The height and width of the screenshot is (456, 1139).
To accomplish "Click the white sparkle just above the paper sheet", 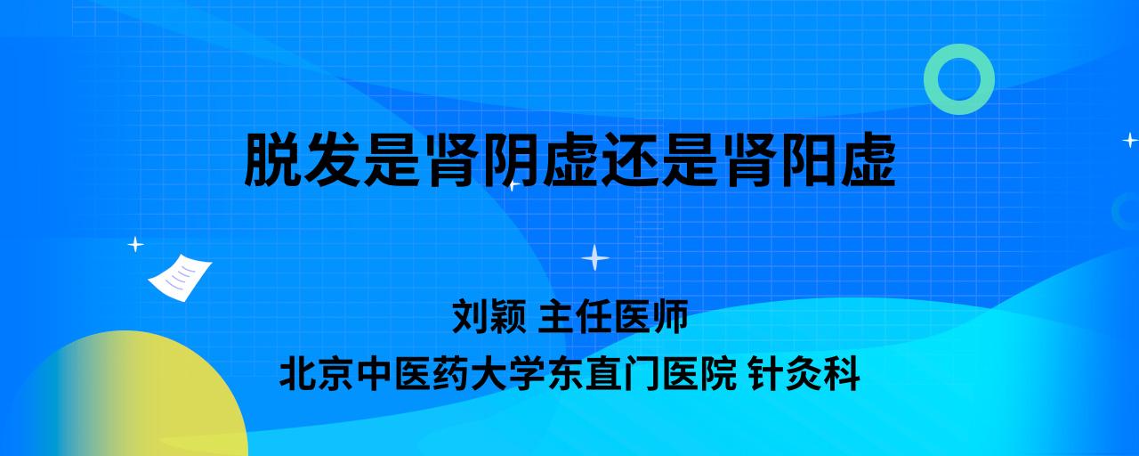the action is (x=135, y=245).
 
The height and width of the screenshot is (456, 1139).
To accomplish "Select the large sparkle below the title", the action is (x=595, y=258).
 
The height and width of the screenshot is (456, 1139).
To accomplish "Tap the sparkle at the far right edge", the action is (x=1130, y=140).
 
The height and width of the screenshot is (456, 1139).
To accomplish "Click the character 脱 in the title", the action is (x=272, y=159).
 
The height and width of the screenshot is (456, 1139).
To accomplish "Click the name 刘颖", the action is (x=489, y=316).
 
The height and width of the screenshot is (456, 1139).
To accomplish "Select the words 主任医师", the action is (x=613, y=316).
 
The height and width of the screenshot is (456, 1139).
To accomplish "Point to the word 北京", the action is (x=316, y=374).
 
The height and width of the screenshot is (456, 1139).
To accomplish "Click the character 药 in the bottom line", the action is (x=451, y=374).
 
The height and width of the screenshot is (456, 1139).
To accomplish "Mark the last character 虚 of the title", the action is (x=868, y=159).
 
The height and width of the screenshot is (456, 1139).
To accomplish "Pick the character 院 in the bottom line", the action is (x=719, y=374).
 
